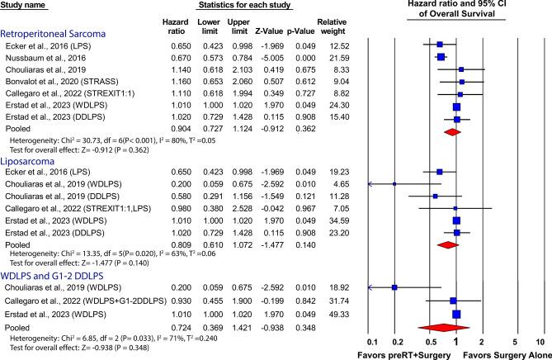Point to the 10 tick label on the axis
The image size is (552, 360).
(540, 341)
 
